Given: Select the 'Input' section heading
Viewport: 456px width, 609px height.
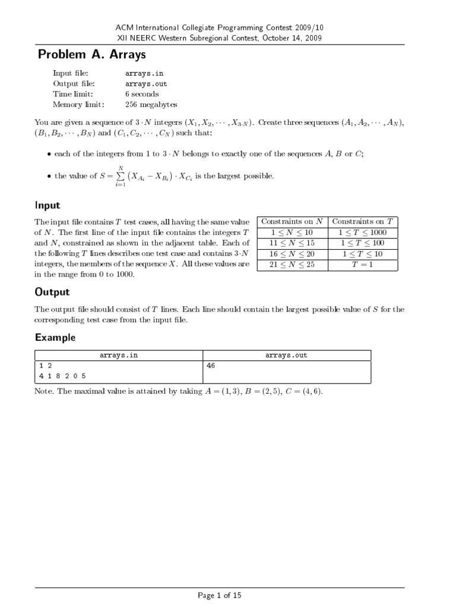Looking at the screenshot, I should pos(47,205).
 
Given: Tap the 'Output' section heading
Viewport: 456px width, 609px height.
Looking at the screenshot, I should pos(52,292).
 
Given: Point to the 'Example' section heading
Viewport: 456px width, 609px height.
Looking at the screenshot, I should pos(55,337).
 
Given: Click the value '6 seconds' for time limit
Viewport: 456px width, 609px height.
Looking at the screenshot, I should pos(142,94).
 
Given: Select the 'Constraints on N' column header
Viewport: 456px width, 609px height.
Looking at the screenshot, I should pos(292,221).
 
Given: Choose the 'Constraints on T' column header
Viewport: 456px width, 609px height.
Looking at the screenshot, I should pos(362,221).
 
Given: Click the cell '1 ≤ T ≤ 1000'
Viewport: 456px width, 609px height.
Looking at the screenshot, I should pos(362,232).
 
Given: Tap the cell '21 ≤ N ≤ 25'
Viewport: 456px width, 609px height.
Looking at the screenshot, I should pos(292,265).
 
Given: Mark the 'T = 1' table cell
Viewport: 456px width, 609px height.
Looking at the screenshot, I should pos(362,265).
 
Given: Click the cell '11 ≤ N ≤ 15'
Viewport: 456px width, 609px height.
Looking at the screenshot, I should pos(292,243).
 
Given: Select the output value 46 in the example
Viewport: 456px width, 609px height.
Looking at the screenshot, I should pos(211,366).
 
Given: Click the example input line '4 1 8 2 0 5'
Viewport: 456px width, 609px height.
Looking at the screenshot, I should pos(59,376).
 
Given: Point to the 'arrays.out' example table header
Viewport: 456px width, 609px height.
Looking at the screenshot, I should pos(286,356).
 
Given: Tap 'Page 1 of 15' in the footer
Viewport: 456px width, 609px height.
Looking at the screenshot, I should pos(228,595).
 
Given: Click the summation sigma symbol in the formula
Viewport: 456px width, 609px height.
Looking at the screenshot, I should pos(121,176).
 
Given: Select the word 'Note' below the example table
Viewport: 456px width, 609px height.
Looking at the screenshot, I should pos(43,393).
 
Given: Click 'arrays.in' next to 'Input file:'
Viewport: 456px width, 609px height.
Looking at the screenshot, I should pos(144,73).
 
